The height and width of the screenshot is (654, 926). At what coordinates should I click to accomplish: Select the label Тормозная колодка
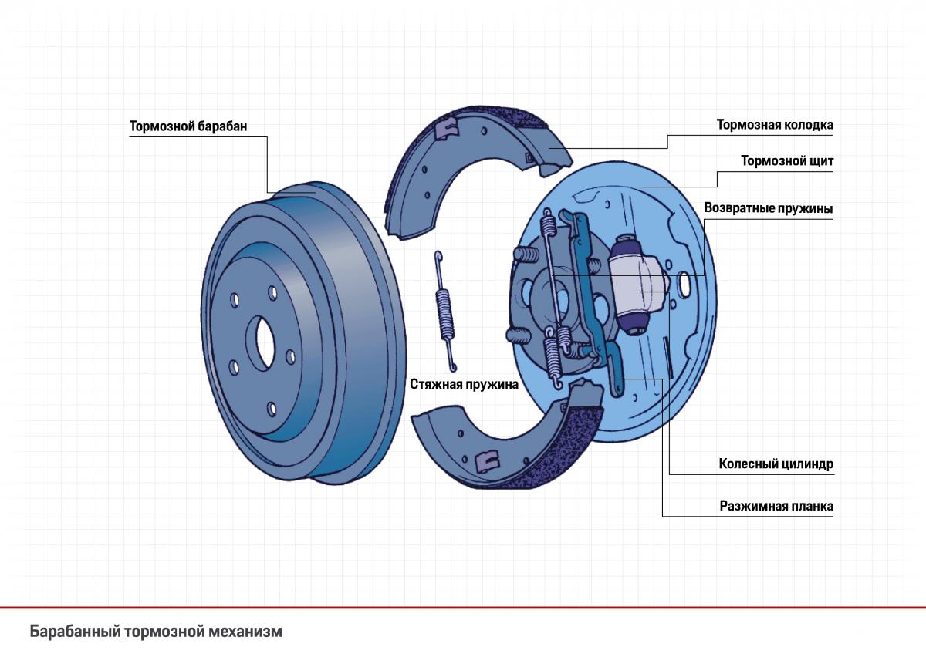tap(775, 125)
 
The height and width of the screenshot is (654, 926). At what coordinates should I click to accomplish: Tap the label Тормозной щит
tap(787, 162)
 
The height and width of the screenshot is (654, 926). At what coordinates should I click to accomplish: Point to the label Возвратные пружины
tap(769, 208)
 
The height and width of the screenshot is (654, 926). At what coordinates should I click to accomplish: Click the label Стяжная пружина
tap(464, 383)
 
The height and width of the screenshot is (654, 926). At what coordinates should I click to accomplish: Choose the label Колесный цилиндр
tap(776, 464)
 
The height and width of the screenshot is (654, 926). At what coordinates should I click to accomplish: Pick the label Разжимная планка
tap(776, 507)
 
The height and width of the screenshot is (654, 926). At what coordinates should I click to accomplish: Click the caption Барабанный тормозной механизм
tap(156, 632)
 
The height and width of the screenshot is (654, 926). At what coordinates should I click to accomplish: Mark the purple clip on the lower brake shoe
tap(486, 460)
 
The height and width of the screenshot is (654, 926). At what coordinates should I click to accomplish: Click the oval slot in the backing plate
tap(684, 283)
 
